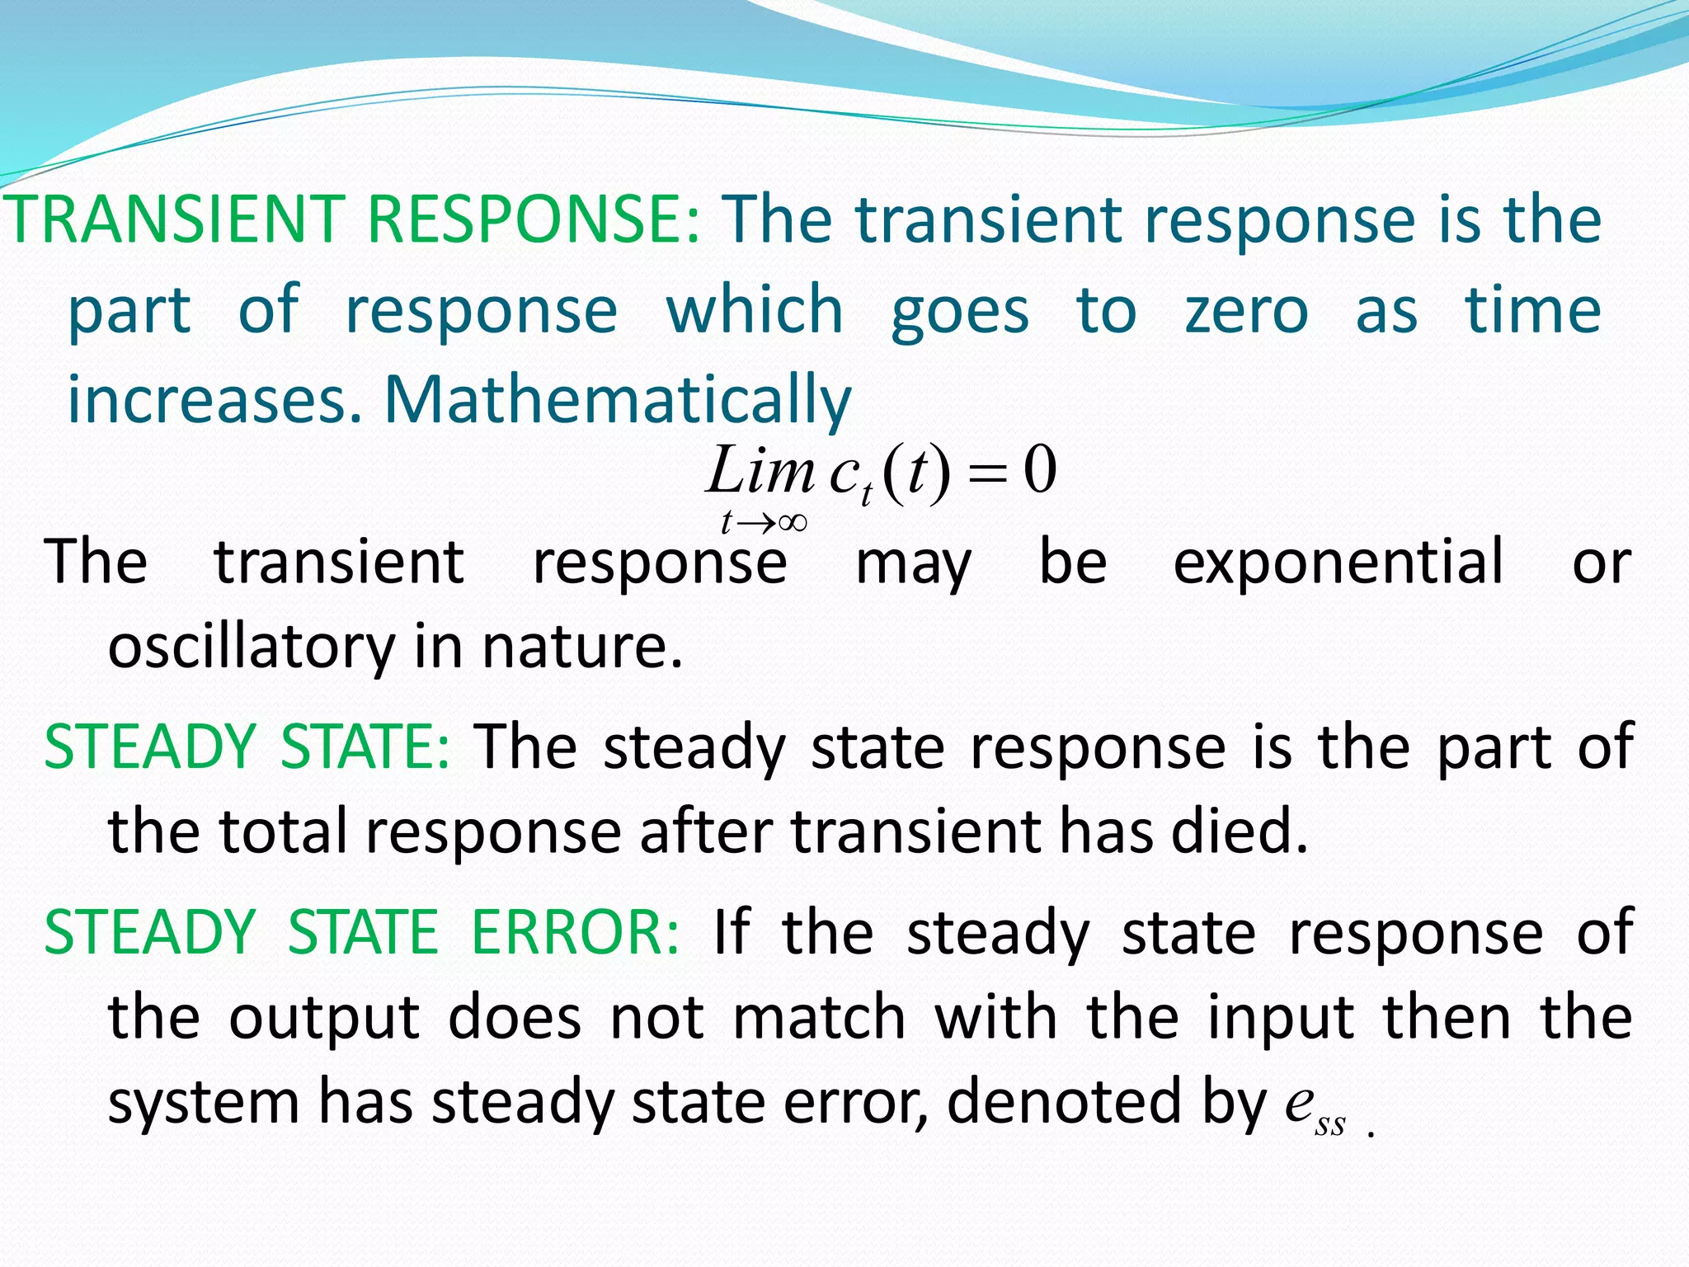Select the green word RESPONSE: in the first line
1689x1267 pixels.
point(534,219)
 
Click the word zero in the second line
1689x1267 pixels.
point(1246,311)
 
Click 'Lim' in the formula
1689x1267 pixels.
point(760,471)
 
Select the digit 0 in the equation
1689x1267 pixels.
point(1040,470)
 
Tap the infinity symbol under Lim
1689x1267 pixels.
point(791,522)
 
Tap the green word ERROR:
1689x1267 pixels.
point(575,933)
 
